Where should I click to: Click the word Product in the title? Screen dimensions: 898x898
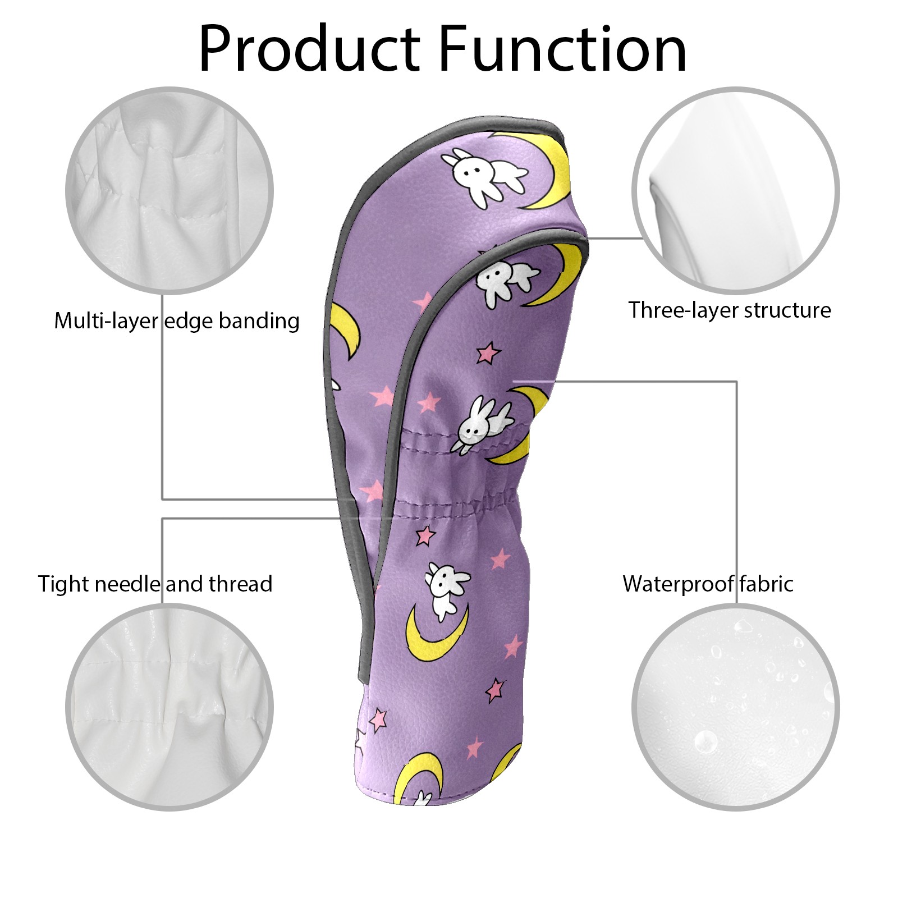click(x=309, y=49)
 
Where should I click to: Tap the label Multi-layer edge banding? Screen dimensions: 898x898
click(x=177, y=321)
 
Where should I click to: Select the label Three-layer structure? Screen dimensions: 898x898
click(x=730, y=310)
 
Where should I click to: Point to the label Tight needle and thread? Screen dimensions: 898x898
click(x=155, y=584)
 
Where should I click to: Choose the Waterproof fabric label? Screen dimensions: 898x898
click(x=708, y=584)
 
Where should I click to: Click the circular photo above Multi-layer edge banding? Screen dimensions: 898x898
click(x=169, y=190)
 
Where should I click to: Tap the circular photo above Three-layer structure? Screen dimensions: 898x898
click(x=736, y=190)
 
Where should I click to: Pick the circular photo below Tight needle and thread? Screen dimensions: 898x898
click(x=169, y=707)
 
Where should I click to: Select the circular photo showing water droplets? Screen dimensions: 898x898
click(x=736, y=707)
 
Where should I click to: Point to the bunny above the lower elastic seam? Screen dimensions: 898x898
click(x=483, y=423)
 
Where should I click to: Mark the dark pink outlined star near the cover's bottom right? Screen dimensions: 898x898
click(x=496, y=690)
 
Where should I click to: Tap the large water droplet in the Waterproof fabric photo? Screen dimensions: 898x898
click(x=705, y=742)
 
